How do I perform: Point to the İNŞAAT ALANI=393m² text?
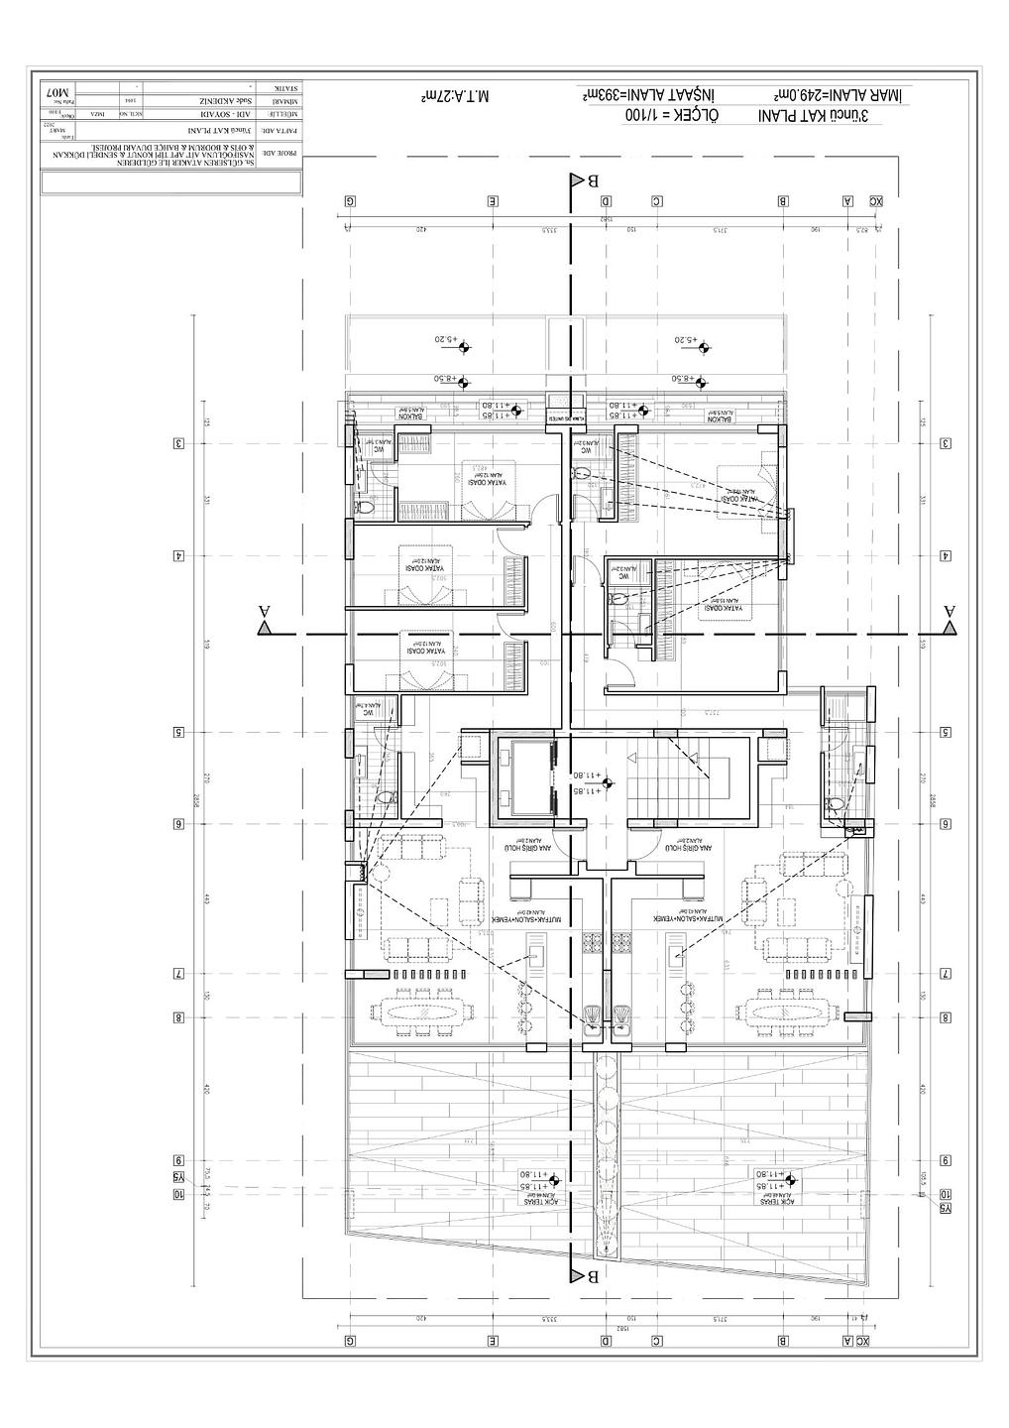point(661,94)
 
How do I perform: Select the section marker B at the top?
point(578,180)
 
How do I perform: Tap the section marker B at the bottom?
point(578,1276)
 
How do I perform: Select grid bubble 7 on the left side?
point(178,974)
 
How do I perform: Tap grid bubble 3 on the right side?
point(947,443)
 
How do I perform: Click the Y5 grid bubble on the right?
point(947,1208)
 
